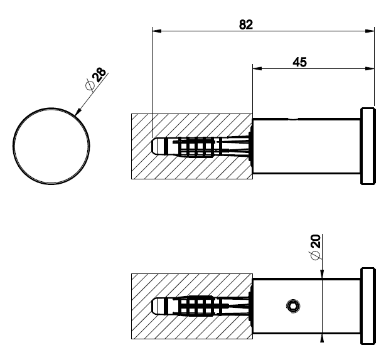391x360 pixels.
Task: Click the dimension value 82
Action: point(246,24)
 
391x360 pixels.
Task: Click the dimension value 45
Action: point(300,62)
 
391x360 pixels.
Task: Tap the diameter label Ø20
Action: point(315,247)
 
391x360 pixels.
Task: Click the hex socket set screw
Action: point(292,306)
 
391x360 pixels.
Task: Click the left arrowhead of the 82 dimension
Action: point(157,31)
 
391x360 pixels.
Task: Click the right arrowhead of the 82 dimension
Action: point(370,31)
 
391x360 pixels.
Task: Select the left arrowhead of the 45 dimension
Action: point(257,68)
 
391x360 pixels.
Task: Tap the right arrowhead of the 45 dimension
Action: point(370,68)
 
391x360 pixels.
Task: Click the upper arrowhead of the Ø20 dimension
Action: point(322,274)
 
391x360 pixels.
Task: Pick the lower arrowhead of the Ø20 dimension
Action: point(322,338)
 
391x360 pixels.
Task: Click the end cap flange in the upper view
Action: point(368,146)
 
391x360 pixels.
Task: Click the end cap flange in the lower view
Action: point(368,306)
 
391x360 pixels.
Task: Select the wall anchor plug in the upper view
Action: point(201,147)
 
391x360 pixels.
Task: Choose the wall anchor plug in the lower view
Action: point(201,306)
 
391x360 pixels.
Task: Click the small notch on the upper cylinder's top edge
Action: point(292,119)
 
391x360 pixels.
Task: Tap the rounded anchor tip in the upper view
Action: point(156,147)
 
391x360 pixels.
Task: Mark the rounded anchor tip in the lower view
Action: point(156,306)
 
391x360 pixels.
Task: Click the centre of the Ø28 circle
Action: point(51,146)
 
